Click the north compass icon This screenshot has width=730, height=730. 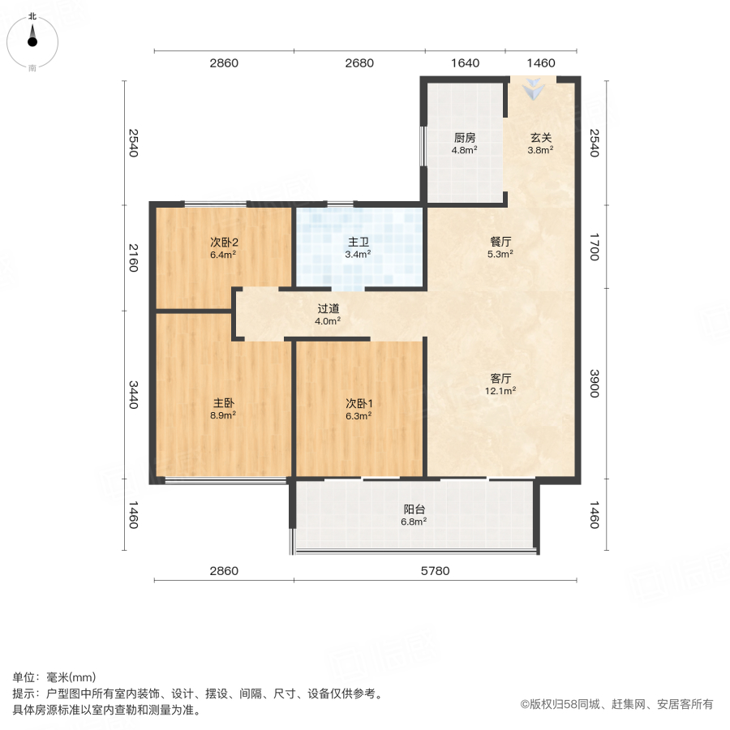pyautogui.click(x=32, y=37)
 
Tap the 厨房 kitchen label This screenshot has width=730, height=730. pyautogui.click(x=465, y=136)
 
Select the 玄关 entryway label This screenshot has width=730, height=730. pyautogui.click(x=540, y=136)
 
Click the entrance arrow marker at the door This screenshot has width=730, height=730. pyautogui.click(x=534, y=89)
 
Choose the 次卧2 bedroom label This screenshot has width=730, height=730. pyautogui.click(x=224, y=241)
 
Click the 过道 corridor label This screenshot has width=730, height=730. pyautogui.click(x=328, y=308)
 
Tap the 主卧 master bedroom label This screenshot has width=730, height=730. pyautogui.click(x=224, y=402)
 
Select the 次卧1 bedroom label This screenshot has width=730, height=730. pyautogui.click(x=359, y=402)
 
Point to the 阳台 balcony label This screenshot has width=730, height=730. pyautogui.click(x=414, y=509)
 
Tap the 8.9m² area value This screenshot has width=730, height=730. pyautogui.click(x=224, y=415)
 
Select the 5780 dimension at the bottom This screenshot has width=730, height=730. pyautogui.click(x=435, y=571)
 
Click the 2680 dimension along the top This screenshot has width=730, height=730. pyautogui.click(x=359, y=63)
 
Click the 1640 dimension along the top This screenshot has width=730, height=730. pyautogui.click(x=465, y=63)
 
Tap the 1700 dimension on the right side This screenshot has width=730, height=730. pyautogui.click(x=595, y=245)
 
